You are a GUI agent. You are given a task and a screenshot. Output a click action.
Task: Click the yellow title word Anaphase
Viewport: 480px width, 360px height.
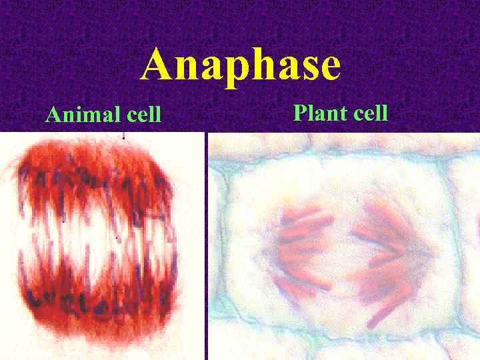pyautogui.click(x=241, y=65)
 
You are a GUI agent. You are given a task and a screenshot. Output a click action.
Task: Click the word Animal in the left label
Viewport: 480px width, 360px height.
pyautogui.click(x=83, y=115)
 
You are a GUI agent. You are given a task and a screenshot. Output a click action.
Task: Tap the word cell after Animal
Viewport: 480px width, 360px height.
pyautogui.click(x=143, y=115)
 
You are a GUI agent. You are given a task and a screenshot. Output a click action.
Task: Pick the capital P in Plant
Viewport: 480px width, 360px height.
pyautogui.click(x=299, y=113)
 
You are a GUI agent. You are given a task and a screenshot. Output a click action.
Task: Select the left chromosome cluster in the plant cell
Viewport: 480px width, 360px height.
pyautogui.click(x=303, y=247)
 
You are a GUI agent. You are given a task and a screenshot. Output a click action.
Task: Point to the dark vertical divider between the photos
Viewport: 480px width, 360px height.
pyautogui.click(x=207, y=247)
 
